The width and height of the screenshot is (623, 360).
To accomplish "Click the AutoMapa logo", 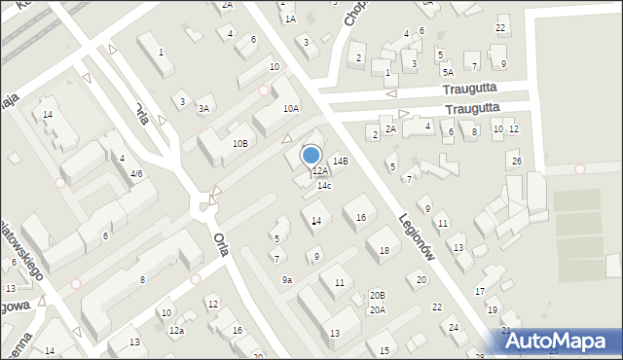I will coord(562,341).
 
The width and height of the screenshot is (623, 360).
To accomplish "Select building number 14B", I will coord(340,161).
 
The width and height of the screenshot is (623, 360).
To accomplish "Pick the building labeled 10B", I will coord(239,143).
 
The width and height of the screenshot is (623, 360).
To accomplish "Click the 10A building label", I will coord(290,109).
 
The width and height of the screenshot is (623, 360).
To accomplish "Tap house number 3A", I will coord(203,109).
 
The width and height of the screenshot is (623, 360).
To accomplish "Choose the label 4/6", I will coord(137,174).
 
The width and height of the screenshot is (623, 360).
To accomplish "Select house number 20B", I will coord(378,295).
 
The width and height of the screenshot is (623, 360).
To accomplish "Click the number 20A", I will coord(377,310).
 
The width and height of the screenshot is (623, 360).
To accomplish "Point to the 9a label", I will coord(287,280).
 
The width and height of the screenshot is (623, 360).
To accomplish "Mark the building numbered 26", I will coord(516,161).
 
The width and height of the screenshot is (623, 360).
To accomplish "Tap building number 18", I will coord(384,251).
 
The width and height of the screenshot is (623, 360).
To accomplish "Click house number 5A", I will coord(448,72).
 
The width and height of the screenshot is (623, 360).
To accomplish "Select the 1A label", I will coord(290,18).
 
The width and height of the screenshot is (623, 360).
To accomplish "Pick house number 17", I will coord(479,292).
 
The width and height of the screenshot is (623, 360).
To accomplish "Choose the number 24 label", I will coord(454,328).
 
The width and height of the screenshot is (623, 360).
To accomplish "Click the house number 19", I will coord(493,310).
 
